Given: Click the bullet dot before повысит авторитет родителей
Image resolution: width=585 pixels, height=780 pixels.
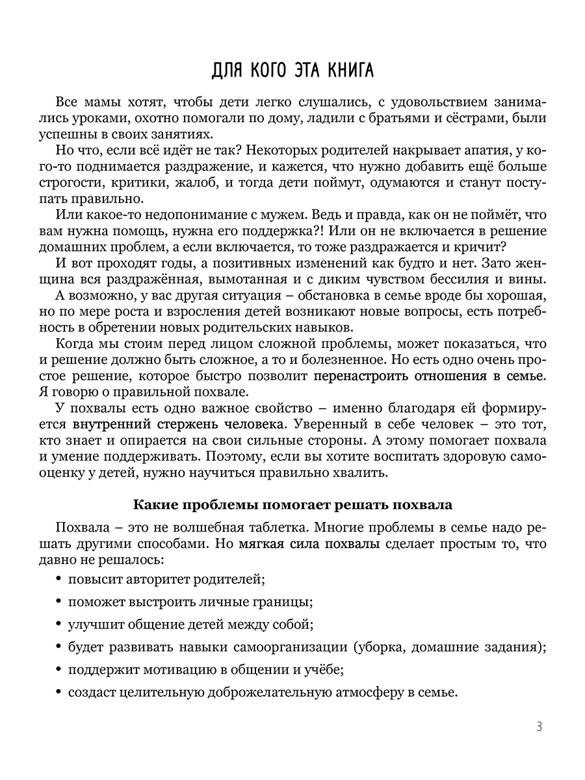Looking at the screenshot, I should tap(59, 577).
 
